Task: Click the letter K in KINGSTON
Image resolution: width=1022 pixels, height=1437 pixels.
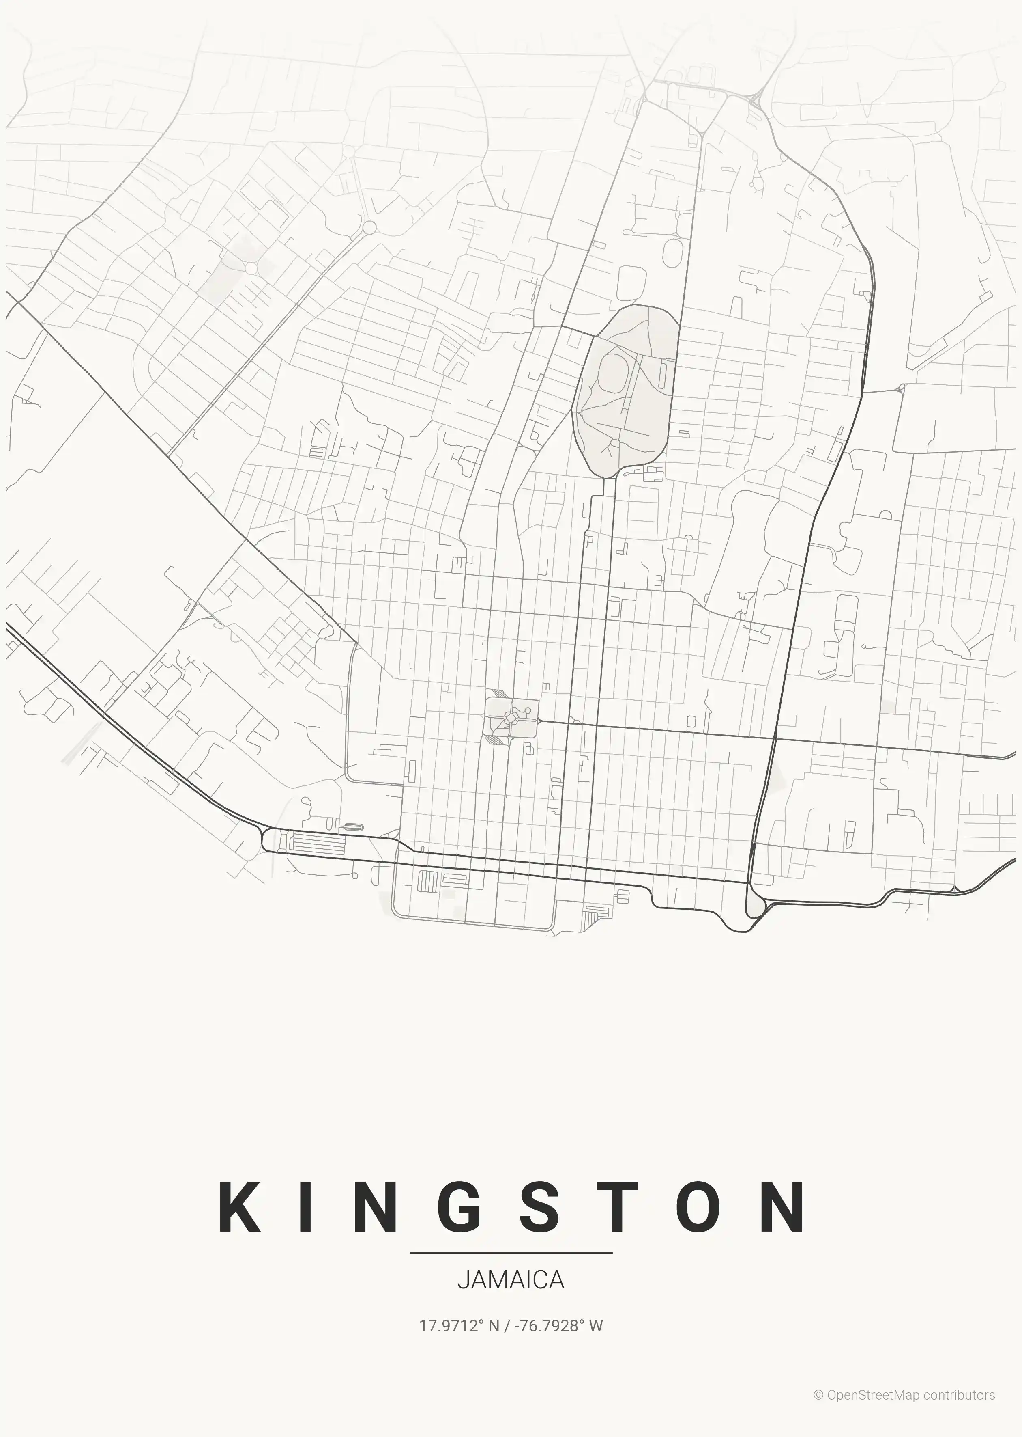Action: click(x=240, y=1207)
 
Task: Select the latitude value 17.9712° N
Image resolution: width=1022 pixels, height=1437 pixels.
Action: click(x=459, y=1325)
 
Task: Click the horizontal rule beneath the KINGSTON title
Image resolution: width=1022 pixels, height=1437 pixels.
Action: click(x=510, y=1252)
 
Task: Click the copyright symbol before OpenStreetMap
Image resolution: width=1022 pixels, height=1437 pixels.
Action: click(x=819, y=1395)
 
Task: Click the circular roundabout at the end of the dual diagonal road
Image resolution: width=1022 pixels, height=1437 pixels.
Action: click(x=369, y=227)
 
